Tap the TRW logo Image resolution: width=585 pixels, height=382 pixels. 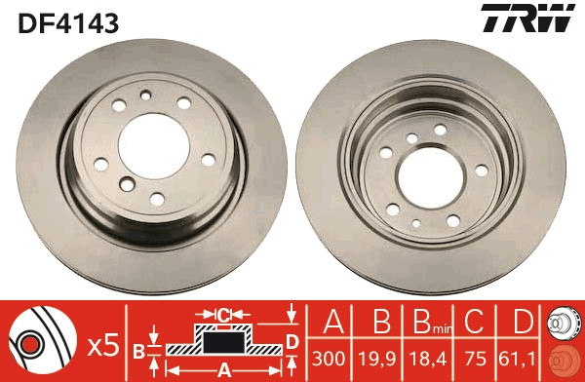(526, 20)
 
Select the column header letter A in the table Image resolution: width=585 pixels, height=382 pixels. (330, 321)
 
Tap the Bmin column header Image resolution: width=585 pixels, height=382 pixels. (426, 322)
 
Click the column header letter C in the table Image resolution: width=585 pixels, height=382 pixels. (473, 321)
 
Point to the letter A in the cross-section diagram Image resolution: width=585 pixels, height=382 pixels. (223, 369)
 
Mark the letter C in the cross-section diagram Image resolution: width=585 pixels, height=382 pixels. (223, 314)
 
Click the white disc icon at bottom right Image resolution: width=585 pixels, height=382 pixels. (563, 321)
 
